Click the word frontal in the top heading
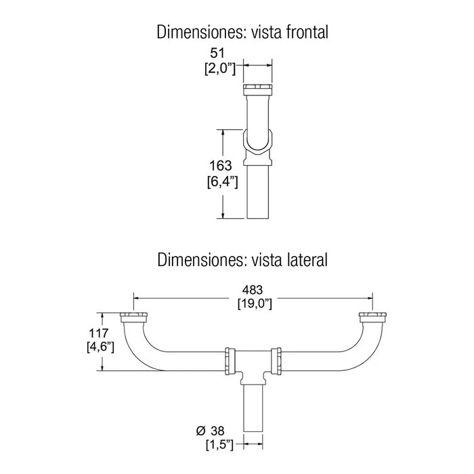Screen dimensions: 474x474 (x=307, y=32)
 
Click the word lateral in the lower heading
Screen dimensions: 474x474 (x=306, y=259)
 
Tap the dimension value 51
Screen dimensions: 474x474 (x=217, y=53)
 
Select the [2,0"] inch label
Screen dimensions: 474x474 (x=220, y=69)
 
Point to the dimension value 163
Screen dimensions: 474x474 (x=221, y=166)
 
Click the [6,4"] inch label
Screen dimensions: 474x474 (x=223, y=182)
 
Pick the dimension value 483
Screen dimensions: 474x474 (x=253, y=290)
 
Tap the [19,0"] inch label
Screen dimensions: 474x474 (x=255, y=303)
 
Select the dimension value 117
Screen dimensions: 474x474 (x=99, y=333)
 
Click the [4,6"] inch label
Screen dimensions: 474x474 (x=100, y=347)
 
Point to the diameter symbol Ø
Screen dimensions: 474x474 (x=200, y=431)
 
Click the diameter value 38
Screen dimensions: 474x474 (x=217, y=431)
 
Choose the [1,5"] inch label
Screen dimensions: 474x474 (x=220, y=445)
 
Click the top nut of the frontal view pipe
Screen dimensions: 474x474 (x=257, y=89)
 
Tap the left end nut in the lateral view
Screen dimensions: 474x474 (x=133, y=318)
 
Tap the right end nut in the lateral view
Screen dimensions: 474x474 (x=372, y=318)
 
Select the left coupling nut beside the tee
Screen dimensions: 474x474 (x=230, y=361)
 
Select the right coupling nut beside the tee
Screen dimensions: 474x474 (x=276, y=361)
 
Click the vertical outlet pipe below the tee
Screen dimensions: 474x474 (x=253, y=408)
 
